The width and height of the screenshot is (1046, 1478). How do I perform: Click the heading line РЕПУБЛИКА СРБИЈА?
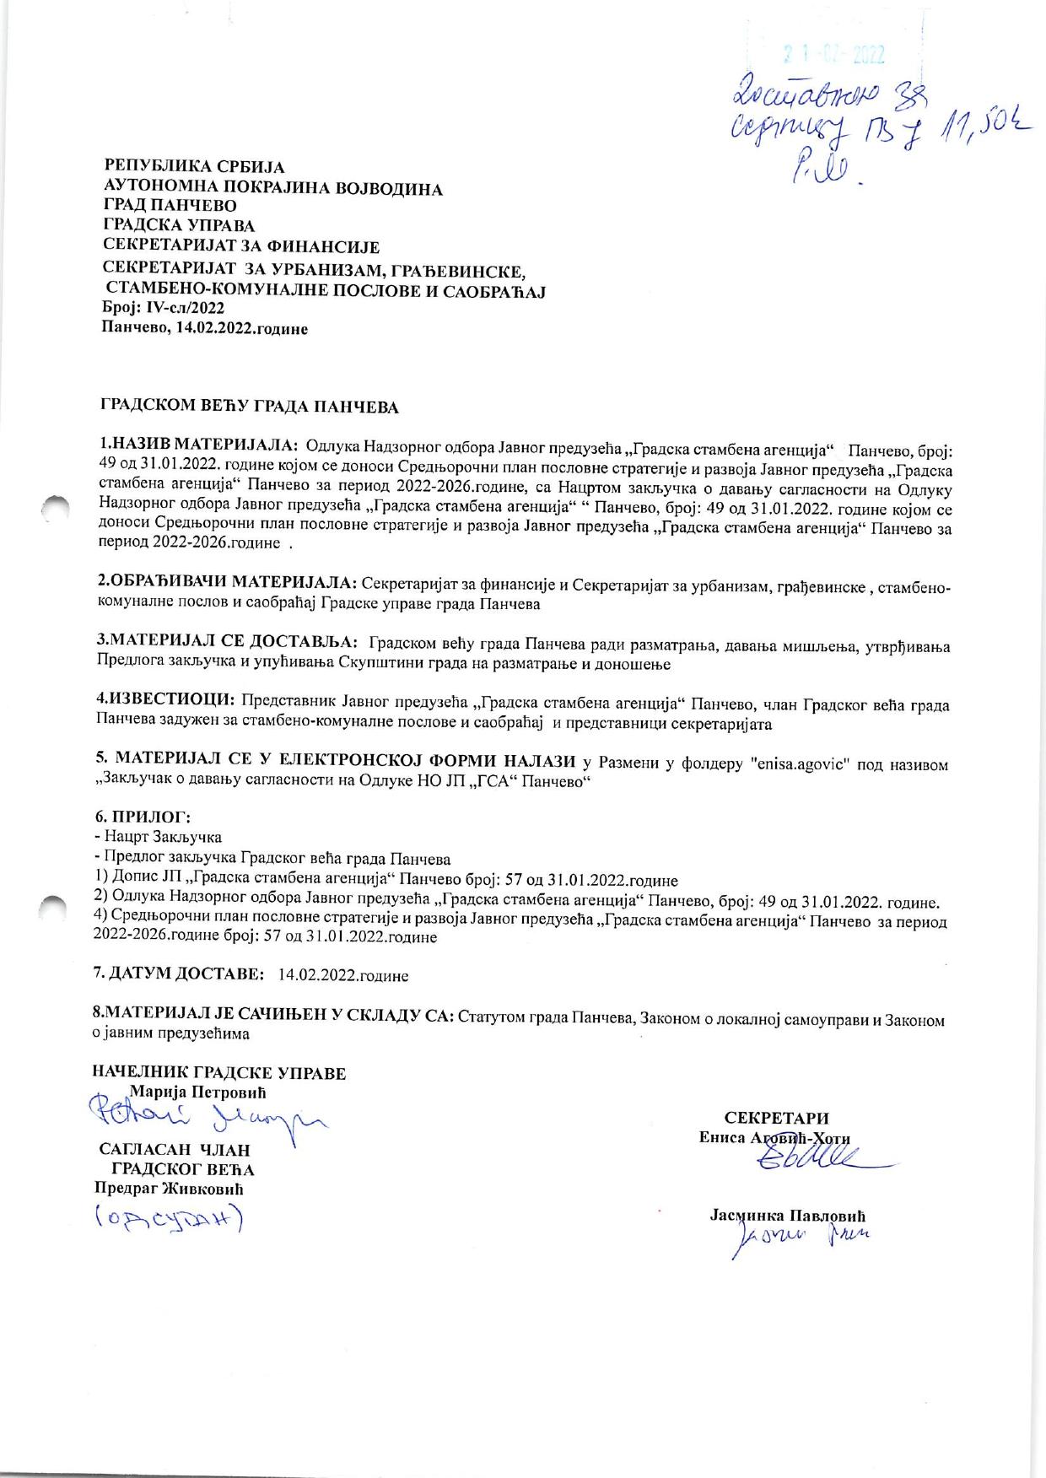pos(194,167)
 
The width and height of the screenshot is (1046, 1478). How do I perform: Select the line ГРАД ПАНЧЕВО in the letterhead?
pos(169,206)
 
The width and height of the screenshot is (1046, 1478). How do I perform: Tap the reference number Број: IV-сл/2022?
pos(163,309)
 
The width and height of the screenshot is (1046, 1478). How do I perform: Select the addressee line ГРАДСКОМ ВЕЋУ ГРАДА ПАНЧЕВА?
pos(250,407)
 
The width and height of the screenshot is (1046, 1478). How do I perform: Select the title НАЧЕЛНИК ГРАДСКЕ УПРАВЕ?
pos(219,1073)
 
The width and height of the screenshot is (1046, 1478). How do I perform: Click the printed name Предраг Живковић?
pos(169,1189)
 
